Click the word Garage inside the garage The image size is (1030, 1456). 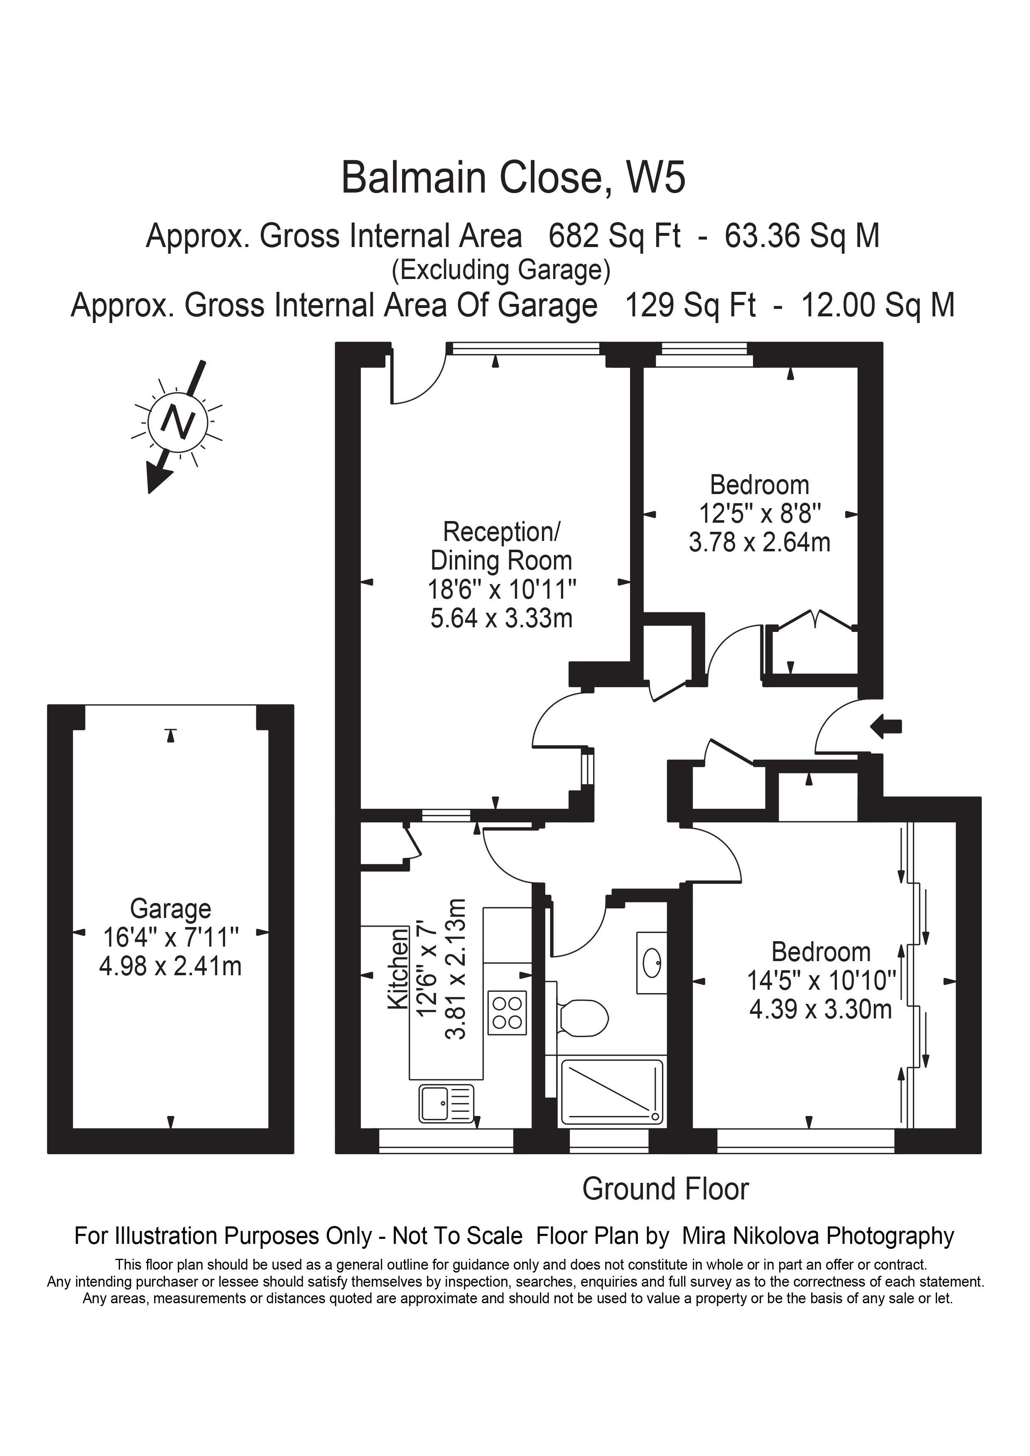170,909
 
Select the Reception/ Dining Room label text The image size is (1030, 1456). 501,546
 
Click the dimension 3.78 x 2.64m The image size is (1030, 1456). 759,542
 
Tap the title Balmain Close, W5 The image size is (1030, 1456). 513,178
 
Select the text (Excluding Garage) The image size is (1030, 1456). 500,270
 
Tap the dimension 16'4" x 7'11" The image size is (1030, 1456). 170,938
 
